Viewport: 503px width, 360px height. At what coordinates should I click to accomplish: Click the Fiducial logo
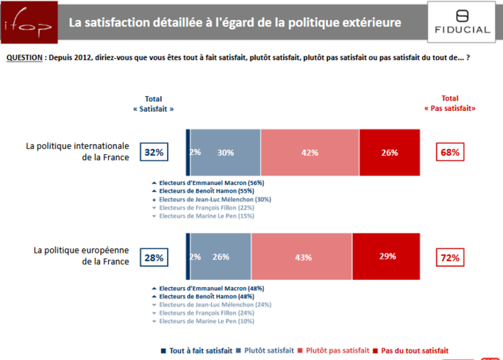coord(462,23)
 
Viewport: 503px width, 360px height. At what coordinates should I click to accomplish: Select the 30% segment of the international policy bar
coord(226,153)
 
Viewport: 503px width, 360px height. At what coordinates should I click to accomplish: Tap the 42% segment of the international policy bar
coord(310,153)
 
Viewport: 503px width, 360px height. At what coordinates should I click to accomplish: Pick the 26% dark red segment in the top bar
coord(389,153)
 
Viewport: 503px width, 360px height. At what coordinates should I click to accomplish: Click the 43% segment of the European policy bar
coord(302,256)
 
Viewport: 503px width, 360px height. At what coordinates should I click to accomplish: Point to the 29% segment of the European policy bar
coord(386,256)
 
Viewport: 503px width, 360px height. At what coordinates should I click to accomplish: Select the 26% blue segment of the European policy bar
coord(220,256)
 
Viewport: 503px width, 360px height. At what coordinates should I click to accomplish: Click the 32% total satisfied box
coord(154,153)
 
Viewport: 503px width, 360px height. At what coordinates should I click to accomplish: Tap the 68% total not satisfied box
coord(450,153)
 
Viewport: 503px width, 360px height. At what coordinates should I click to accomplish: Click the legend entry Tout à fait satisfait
coord(195,350)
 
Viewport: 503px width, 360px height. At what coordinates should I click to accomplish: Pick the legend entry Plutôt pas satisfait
coord(335,350)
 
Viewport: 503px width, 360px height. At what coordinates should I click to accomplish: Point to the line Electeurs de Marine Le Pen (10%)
coord(207,321)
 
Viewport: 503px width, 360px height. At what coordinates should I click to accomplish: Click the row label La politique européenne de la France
coord(81,256)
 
